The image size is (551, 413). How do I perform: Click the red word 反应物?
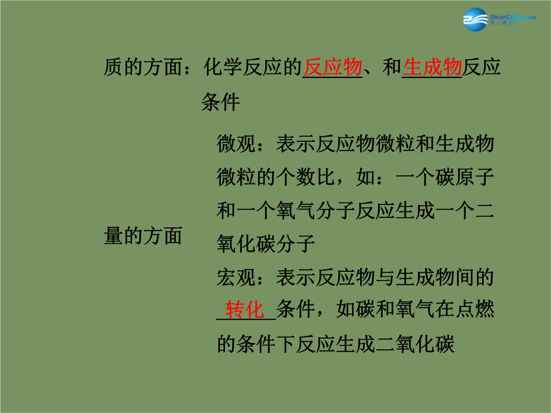[333, 67]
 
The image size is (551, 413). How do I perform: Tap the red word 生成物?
[432, 67]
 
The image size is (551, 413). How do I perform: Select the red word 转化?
[244, 310]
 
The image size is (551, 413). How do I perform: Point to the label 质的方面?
[143, 67]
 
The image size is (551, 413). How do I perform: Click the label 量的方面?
[143, 235]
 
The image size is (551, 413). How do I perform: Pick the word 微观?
[236, 144]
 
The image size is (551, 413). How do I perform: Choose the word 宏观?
[236, 277]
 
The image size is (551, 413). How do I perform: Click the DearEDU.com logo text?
[513, 17]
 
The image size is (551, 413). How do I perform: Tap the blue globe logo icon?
[475, 20]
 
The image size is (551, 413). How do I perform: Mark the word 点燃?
[475, 310]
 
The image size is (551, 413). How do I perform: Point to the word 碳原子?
[465, 177]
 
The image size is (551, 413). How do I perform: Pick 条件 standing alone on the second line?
[221, 102]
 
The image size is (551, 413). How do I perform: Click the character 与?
[385, 277]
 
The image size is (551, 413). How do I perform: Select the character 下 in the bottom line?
[285, 344]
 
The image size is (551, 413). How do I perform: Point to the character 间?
[465, 277]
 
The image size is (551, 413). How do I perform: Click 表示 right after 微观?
[295, 144]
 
